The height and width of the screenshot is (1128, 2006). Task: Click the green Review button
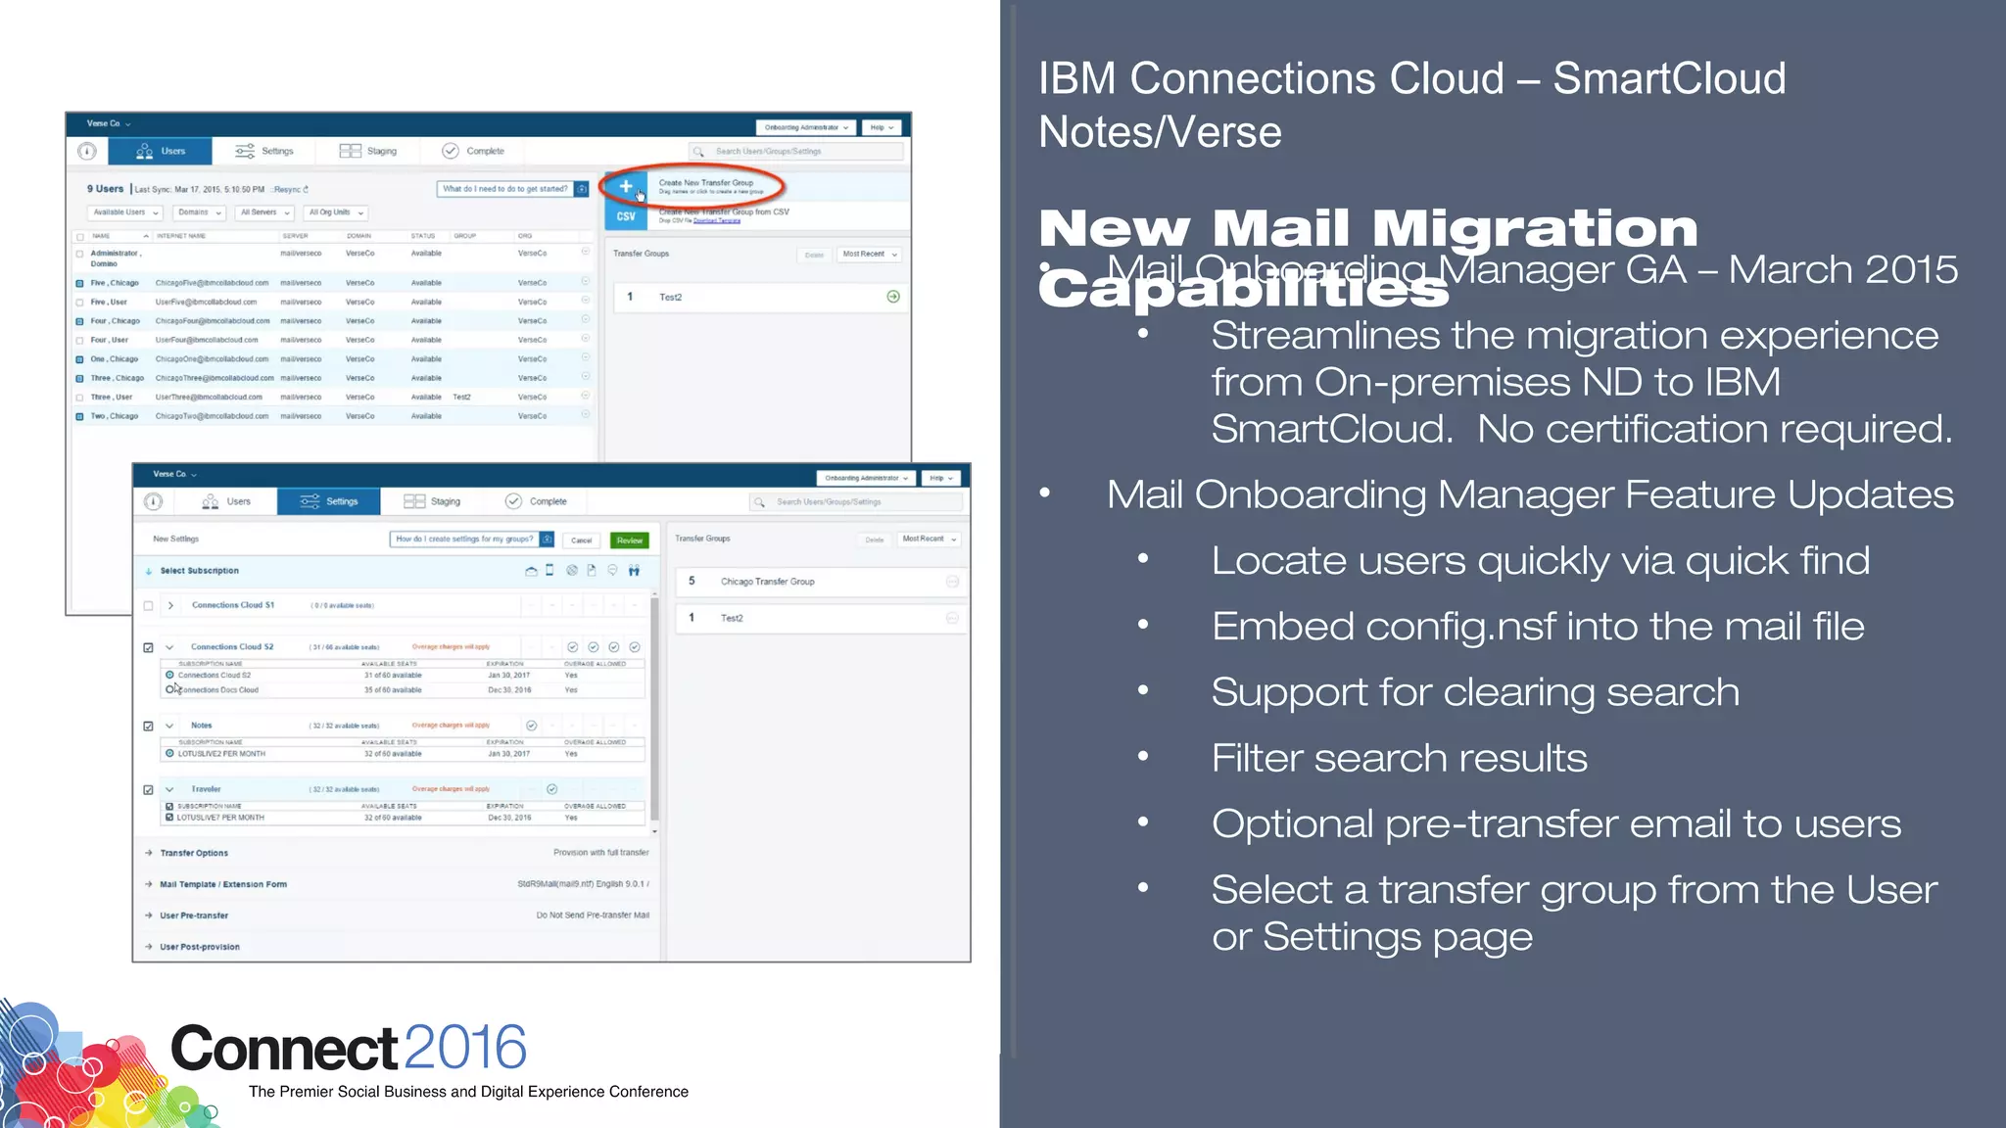click(629, 540)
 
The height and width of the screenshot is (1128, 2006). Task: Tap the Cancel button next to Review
click(582, 540)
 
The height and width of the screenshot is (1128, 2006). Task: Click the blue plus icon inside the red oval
click(626, 186)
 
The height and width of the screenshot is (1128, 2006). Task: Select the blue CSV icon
click(626, 216)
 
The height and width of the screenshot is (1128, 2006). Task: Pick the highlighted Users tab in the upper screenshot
click(161, 151)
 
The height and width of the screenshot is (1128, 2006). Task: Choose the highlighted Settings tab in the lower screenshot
click(329, 501)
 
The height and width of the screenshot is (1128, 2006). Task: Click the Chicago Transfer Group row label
click(767, 582)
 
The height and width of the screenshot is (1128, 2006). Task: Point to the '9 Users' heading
click(105, 189)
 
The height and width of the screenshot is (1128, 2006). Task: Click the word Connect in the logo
click(284, 1049)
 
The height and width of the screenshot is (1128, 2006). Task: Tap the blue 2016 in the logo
click(465, 1049)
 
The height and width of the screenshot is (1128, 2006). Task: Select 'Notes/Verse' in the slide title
click(1160, 132)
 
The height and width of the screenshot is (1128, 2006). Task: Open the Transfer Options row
click(194, 853)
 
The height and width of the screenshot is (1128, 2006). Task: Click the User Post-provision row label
click(200, 947)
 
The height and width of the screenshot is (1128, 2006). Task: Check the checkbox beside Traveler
click(149, 789)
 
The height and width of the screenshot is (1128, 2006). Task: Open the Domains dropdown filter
click(199, 212)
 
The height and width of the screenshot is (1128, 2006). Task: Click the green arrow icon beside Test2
click(893, 297)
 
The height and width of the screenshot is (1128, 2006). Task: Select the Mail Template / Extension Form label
click(223, 884)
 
